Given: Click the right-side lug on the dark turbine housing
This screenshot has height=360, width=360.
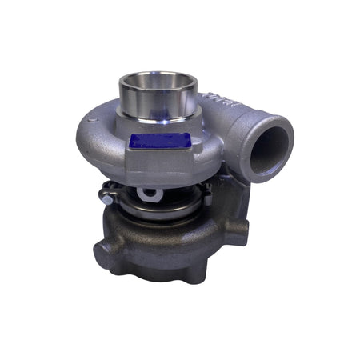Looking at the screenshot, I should point(240,232).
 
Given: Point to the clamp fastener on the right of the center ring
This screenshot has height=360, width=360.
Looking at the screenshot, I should point(206,190).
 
